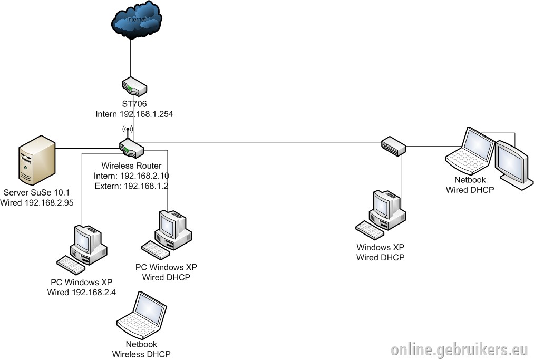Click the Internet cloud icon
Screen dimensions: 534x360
tap(136, 20)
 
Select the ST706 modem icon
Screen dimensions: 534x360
tap(134, 86)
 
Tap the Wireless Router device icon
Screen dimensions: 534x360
tap(132, 149)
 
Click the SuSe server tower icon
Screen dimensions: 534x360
tap(37, 160)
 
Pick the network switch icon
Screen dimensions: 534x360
tap(394, 147)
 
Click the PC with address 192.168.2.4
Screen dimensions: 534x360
tap(82, 250)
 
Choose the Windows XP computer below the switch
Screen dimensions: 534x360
tap(381, 215)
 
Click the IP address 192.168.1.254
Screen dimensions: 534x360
tap(146, 114)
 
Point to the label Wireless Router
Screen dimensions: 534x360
tap(131, 166)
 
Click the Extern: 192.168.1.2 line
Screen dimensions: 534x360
tap(131, 186)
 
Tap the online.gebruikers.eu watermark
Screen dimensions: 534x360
tap(460, 350)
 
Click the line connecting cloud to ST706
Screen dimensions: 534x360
tap(131, 58)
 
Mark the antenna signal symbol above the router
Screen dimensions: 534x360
tap(128, 129)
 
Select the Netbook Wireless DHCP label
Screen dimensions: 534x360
tap(141, 349)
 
